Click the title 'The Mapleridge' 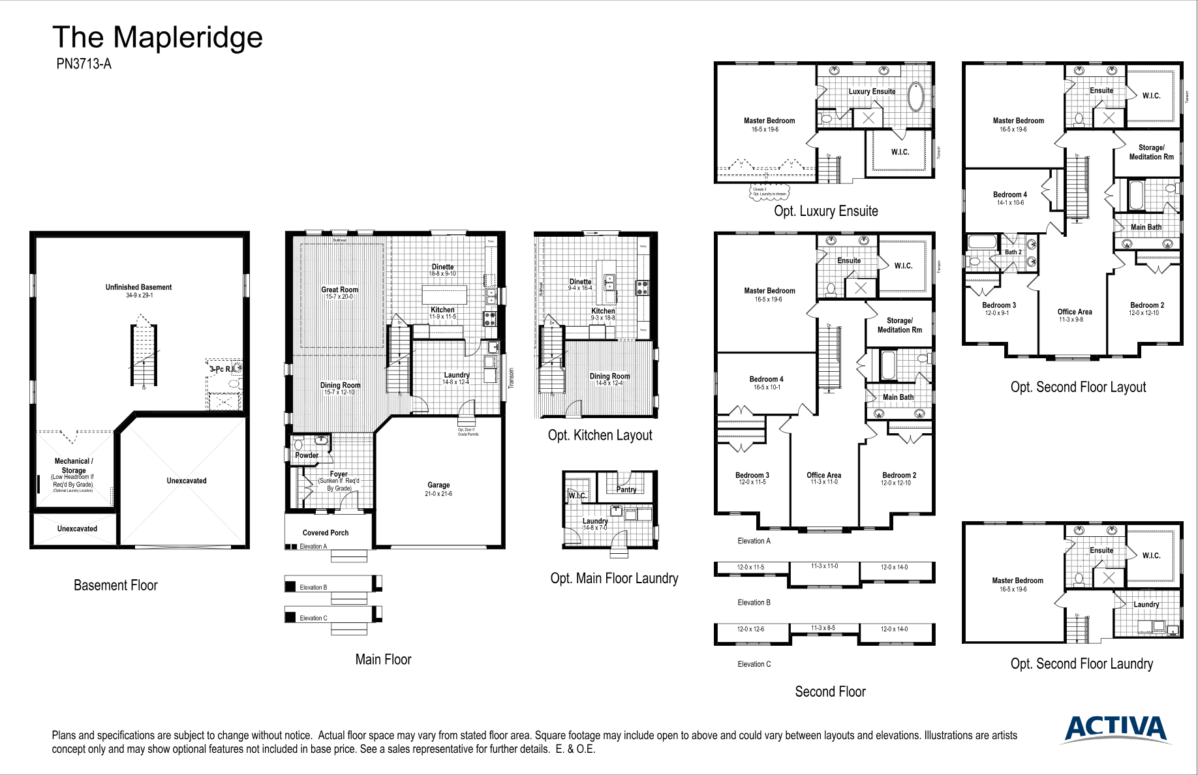click(x=157, y=38)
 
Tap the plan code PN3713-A click(x=84, y=64)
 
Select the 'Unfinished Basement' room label click(x=138, y=287)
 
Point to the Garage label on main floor click(x=438, y=485)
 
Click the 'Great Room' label click(x=339, y=290)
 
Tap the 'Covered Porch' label click(x=326, y=533)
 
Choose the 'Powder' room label click(x=307, y=455)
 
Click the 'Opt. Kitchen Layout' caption click(x=600, y=435)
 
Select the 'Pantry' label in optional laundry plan click(x=626, y=489)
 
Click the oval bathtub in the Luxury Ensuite click(x=916, y=97)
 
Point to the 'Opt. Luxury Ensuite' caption click(x=825, y=211)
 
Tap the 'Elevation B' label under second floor click(x=754, y=603)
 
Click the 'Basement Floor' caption click(x=115, y=586)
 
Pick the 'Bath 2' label click(x=1013, y=252)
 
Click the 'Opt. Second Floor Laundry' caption click(x=1081, y=664)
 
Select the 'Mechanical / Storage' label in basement click(x=73, y=465)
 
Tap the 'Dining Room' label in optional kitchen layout click(x=609, y=376)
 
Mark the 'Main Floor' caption click(x=383, y=660)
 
